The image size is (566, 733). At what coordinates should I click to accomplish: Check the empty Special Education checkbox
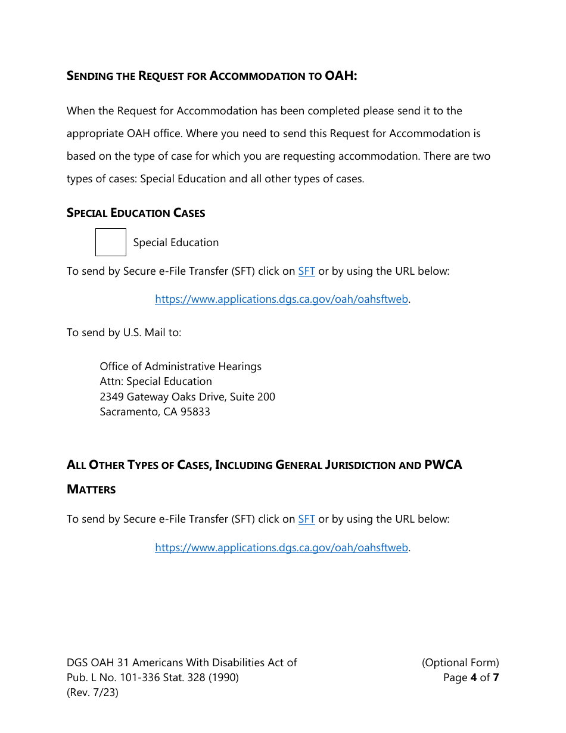111,243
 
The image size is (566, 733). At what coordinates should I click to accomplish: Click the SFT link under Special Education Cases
306,271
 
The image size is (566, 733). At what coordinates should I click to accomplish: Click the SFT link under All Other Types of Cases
306,519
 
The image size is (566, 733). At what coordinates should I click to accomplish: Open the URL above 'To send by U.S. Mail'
281,299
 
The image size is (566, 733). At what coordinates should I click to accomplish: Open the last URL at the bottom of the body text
281,547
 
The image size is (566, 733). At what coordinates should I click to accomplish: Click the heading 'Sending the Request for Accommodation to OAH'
212,76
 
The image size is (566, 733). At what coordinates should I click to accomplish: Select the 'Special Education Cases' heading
136,213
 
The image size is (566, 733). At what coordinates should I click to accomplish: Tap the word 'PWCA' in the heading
443,465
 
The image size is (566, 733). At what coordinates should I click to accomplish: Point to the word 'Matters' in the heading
91,489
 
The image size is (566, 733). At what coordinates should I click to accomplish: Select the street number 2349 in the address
111,397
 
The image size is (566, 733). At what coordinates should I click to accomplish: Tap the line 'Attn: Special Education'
156,381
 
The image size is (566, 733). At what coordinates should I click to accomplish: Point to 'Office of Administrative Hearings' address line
181,366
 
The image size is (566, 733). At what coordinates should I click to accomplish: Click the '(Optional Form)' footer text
460,663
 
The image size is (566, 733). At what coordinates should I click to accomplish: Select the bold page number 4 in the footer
474,678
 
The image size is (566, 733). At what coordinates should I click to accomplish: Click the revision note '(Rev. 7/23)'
92,692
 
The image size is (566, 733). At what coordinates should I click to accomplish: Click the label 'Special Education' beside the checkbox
176,243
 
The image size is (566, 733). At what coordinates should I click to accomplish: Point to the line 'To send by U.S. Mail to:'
124,333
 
